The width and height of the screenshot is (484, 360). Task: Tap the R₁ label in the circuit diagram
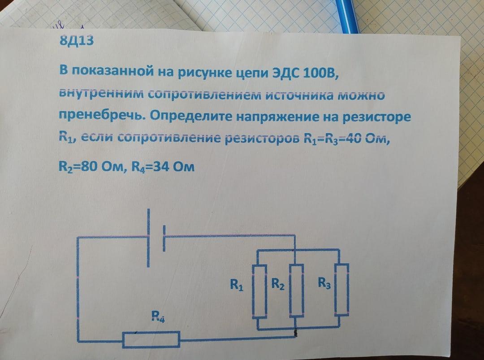(x=236, y=284)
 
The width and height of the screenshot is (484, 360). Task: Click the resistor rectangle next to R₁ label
(x=260, y=291)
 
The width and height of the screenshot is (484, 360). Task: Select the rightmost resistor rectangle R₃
(x=342, y=289)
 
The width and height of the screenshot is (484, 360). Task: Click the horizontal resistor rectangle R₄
(x=152, y=339)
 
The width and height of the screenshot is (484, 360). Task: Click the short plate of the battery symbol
(x=164, y=238)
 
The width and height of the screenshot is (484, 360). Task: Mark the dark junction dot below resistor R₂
(x=295, y=333)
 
